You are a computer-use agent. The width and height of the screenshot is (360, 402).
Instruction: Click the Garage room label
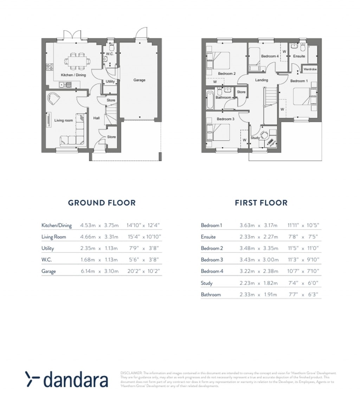coord(139,80)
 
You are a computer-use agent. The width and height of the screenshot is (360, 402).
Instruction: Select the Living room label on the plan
coord(63,120)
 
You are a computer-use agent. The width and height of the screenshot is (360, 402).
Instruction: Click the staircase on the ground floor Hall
coord(110,115)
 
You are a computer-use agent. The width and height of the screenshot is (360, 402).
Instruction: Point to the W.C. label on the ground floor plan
coord(109,54)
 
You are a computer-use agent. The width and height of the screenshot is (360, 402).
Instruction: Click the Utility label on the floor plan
coord(110,82)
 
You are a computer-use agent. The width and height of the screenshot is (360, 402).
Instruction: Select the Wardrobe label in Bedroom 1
coord(310,69)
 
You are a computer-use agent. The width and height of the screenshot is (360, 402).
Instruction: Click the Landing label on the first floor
coord(262,80)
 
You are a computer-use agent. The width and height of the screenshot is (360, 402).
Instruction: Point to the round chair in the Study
coord(264,134)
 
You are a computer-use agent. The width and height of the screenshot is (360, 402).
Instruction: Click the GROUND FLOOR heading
coord(102,203)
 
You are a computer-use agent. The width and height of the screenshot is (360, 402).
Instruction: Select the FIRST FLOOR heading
coord(261,203)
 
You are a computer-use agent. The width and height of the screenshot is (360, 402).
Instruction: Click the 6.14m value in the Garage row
coord(88,272)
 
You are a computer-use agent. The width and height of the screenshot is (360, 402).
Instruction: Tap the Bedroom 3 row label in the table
coord(212,260)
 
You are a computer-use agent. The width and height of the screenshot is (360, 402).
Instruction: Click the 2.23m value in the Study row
coord(247,283)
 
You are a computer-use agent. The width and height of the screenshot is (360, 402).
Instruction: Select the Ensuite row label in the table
coord(208,237)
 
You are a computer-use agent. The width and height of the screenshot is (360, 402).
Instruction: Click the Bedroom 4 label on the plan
coord(270,56)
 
